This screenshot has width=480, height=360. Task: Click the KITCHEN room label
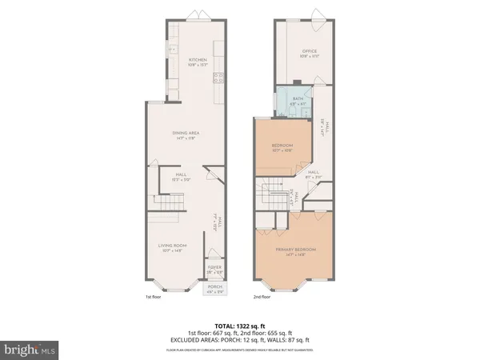[198, 60]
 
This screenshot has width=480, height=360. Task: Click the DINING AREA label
[185, 134]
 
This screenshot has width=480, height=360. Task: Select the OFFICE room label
[298, 51]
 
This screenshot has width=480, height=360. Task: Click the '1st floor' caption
[154, 297]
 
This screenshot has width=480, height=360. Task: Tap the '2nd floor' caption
[262, 297]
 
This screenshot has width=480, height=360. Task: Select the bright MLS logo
[30, 349]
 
